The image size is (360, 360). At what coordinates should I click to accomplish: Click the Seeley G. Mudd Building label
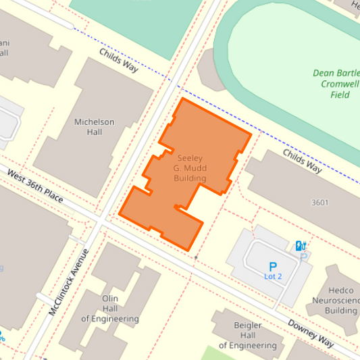[190, 168]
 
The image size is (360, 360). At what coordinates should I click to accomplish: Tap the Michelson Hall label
[95, 127]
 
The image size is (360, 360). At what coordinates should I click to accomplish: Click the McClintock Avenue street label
[69, 283]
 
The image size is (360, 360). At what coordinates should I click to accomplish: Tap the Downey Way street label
[311, 332]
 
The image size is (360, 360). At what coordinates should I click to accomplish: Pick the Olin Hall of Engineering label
[110, 308]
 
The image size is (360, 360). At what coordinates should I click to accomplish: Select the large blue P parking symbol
[273, 266]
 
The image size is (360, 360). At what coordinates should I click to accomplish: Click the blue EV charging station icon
[301, 245]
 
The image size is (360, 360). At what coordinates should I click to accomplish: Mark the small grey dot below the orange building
[196, 258]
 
